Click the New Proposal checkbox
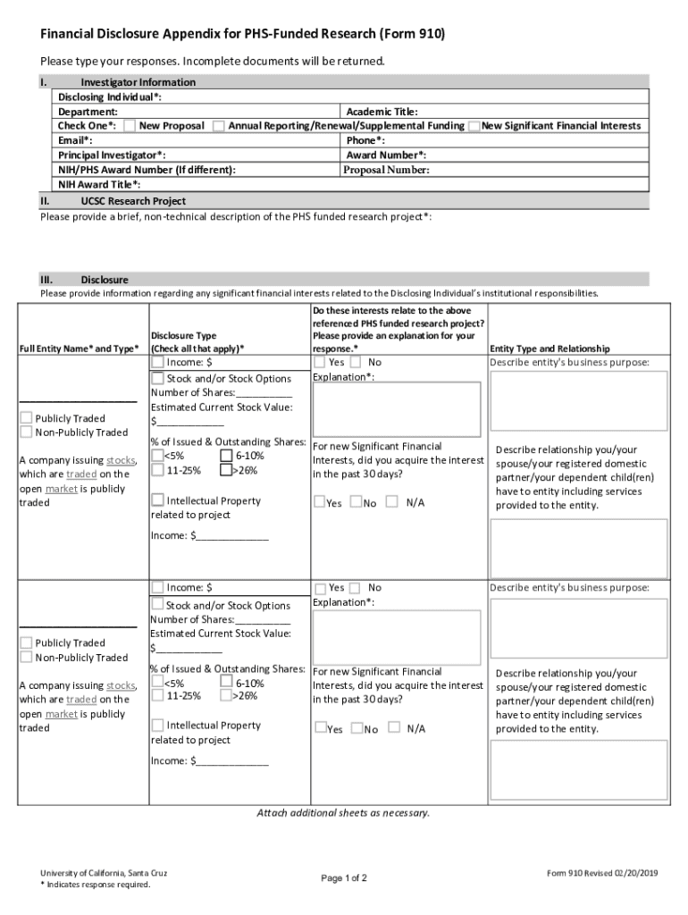(130, 126)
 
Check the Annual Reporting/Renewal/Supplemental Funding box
(219, 126)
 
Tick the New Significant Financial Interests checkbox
(474, 126)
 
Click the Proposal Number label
(387, 170)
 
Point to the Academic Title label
(382, 112)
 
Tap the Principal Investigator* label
(111, 155)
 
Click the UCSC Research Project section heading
(132, 201)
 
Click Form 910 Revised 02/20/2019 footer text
(602, 873)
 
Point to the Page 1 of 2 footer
(344, 878)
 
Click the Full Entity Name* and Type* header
(80, 348)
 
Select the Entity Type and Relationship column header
(550, 348)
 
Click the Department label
(88, 112)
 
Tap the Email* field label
(75, 140)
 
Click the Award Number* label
(386, 155)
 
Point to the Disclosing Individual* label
(110, 97)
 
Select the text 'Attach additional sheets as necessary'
(343, 813)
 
